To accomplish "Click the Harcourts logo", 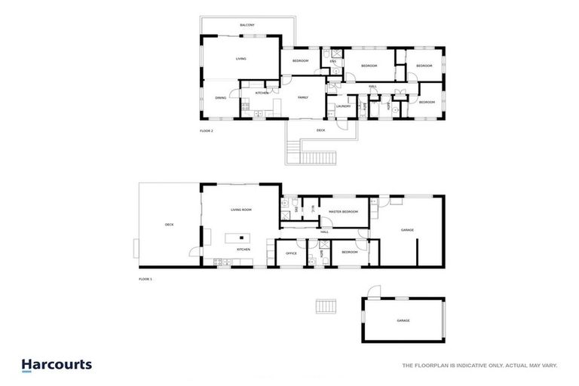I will [57, 365].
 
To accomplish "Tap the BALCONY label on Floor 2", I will [247, 25].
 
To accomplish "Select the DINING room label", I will [221, 97].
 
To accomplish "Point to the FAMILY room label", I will [302, 97].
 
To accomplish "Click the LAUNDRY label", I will [344, 106].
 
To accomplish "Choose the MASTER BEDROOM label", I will [343, 212].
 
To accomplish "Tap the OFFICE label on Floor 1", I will [291, 253].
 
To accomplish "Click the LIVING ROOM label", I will [241, 210].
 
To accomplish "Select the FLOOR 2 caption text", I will [207, 131].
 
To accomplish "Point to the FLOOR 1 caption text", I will [146, 279].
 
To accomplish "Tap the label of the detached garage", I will [403, 320].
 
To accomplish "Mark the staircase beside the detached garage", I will [326, 308].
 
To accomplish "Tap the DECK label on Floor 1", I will [169, 225].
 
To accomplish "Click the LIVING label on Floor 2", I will [241, 58].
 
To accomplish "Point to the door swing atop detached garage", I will [372, 292].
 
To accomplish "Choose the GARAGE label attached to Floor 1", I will [407, 230].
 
